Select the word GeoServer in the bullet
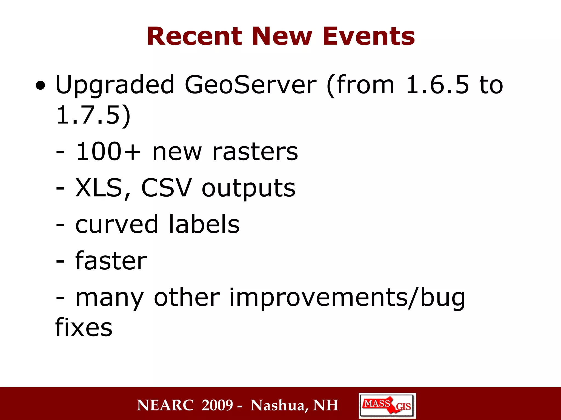(x=250, y=85)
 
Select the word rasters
(x=255, y=152)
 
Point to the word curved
(x=117, y=224)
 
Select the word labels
(x=204, y=224)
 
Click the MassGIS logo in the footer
(x=387, y=405)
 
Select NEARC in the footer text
(x=165, y=405)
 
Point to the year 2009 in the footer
(x=217, y=405)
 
